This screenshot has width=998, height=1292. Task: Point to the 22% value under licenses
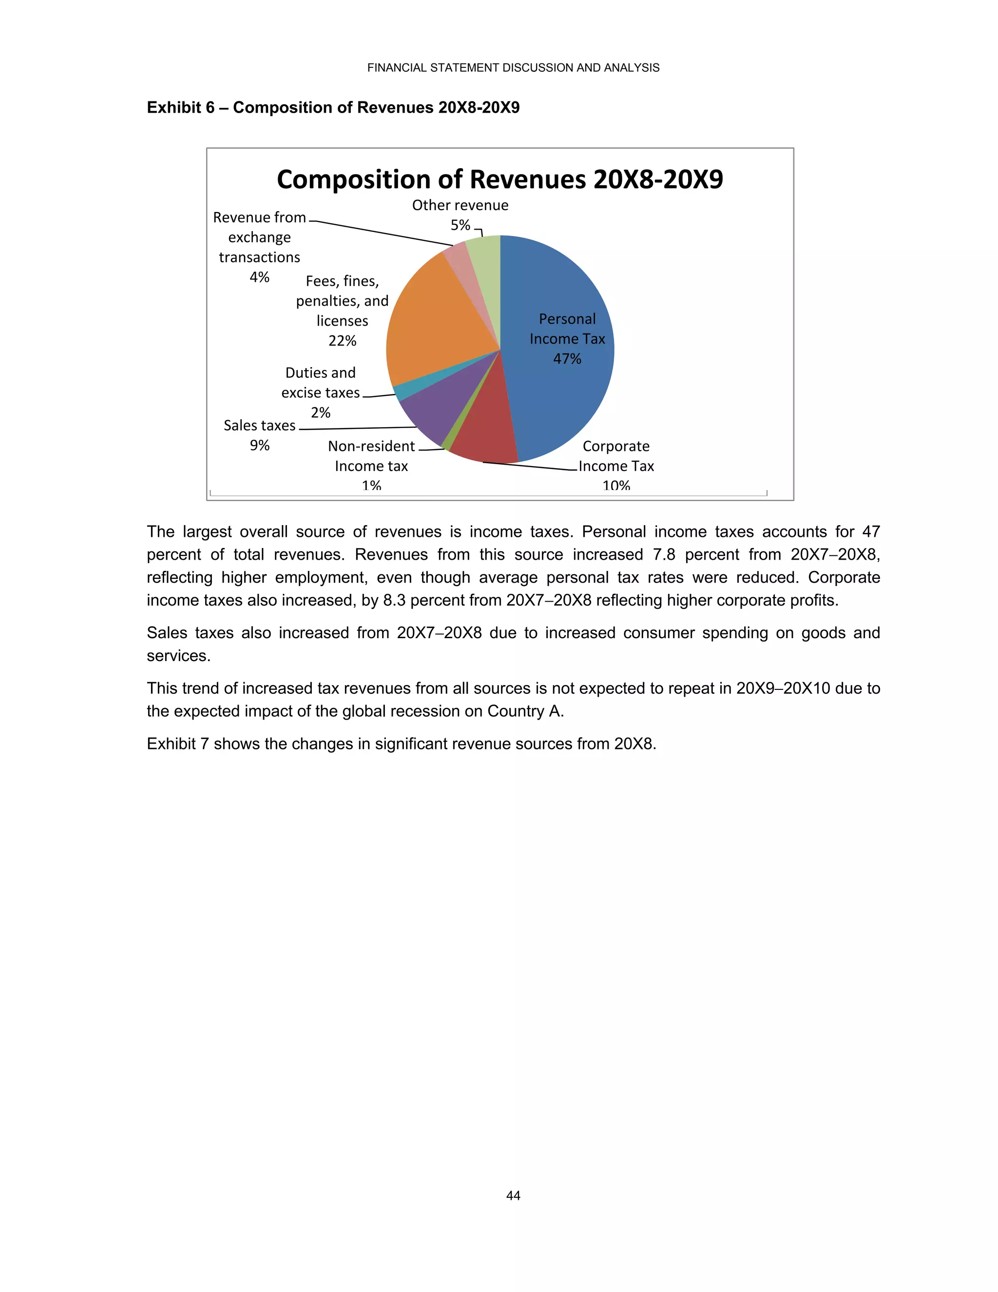coord(342,341)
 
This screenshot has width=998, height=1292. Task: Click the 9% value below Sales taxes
coord(260,446)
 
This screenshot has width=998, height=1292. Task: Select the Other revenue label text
coord(460,205)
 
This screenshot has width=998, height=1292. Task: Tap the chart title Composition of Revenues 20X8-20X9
coord(499,179)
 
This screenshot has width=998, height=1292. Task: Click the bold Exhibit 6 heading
coord(333,108)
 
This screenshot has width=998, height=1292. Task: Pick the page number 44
coord(513,1195)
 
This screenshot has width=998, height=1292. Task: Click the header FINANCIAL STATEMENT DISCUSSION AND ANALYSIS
coord(513,67)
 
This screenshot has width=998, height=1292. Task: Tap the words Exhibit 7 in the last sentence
coord(177,744)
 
